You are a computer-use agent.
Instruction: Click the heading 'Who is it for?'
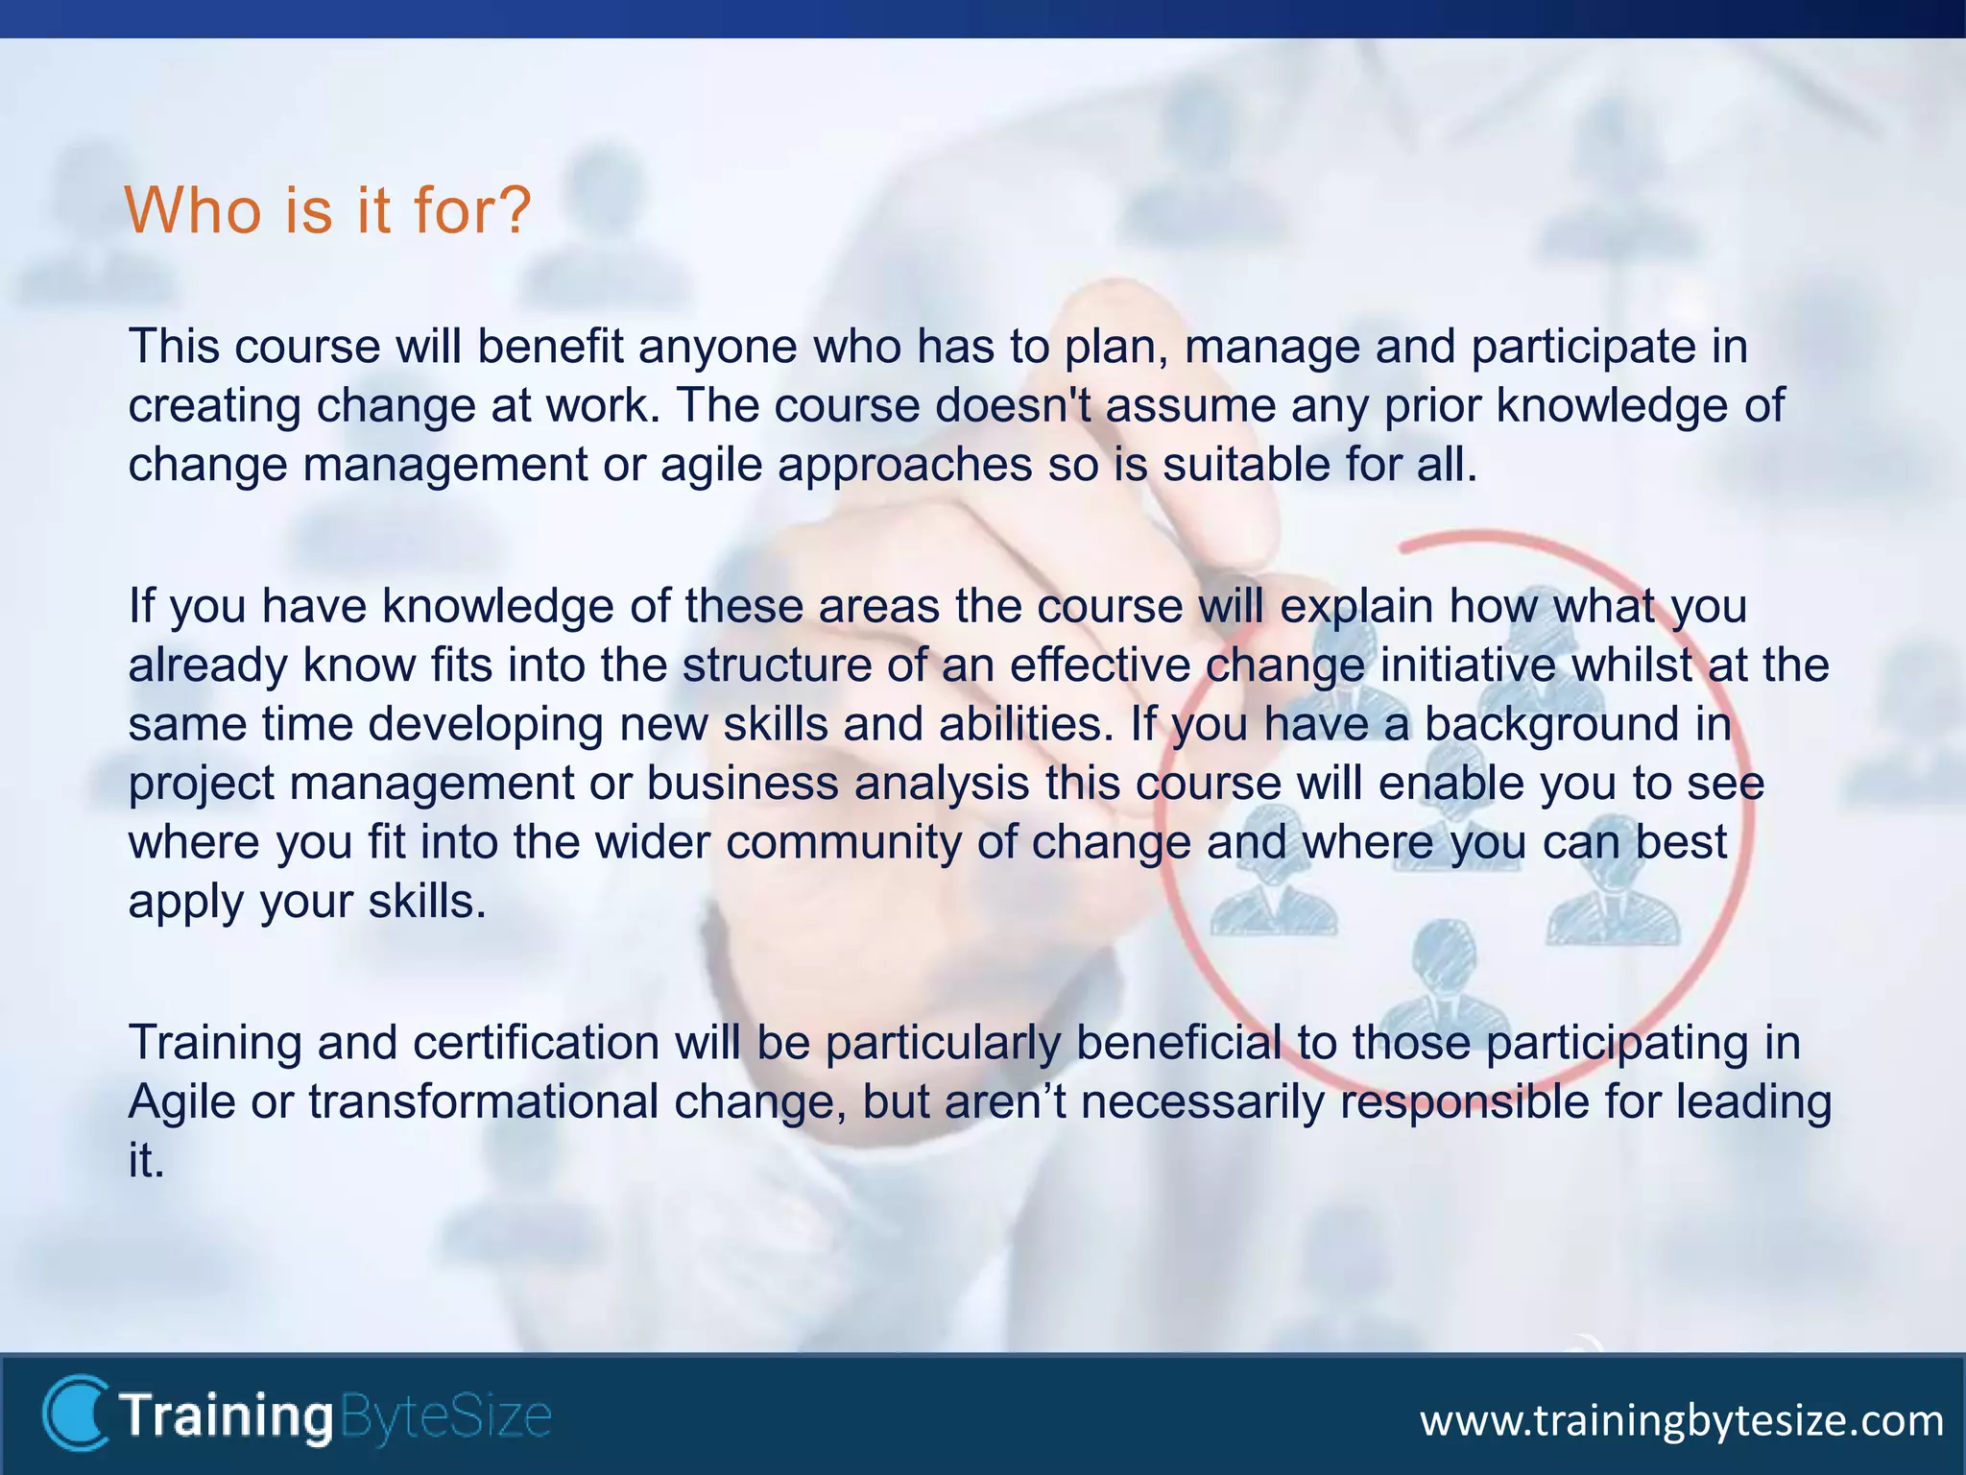[327, 209]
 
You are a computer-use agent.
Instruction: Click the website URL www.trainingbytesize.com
[1681, 1420]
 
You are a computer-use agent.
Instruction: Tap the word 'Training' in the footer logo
[227, 1416]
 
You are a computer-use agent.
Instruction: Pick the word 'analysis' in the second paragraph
[942, 784]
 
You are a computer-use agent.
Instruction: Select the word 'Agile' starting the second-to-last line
[181, 1101]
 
